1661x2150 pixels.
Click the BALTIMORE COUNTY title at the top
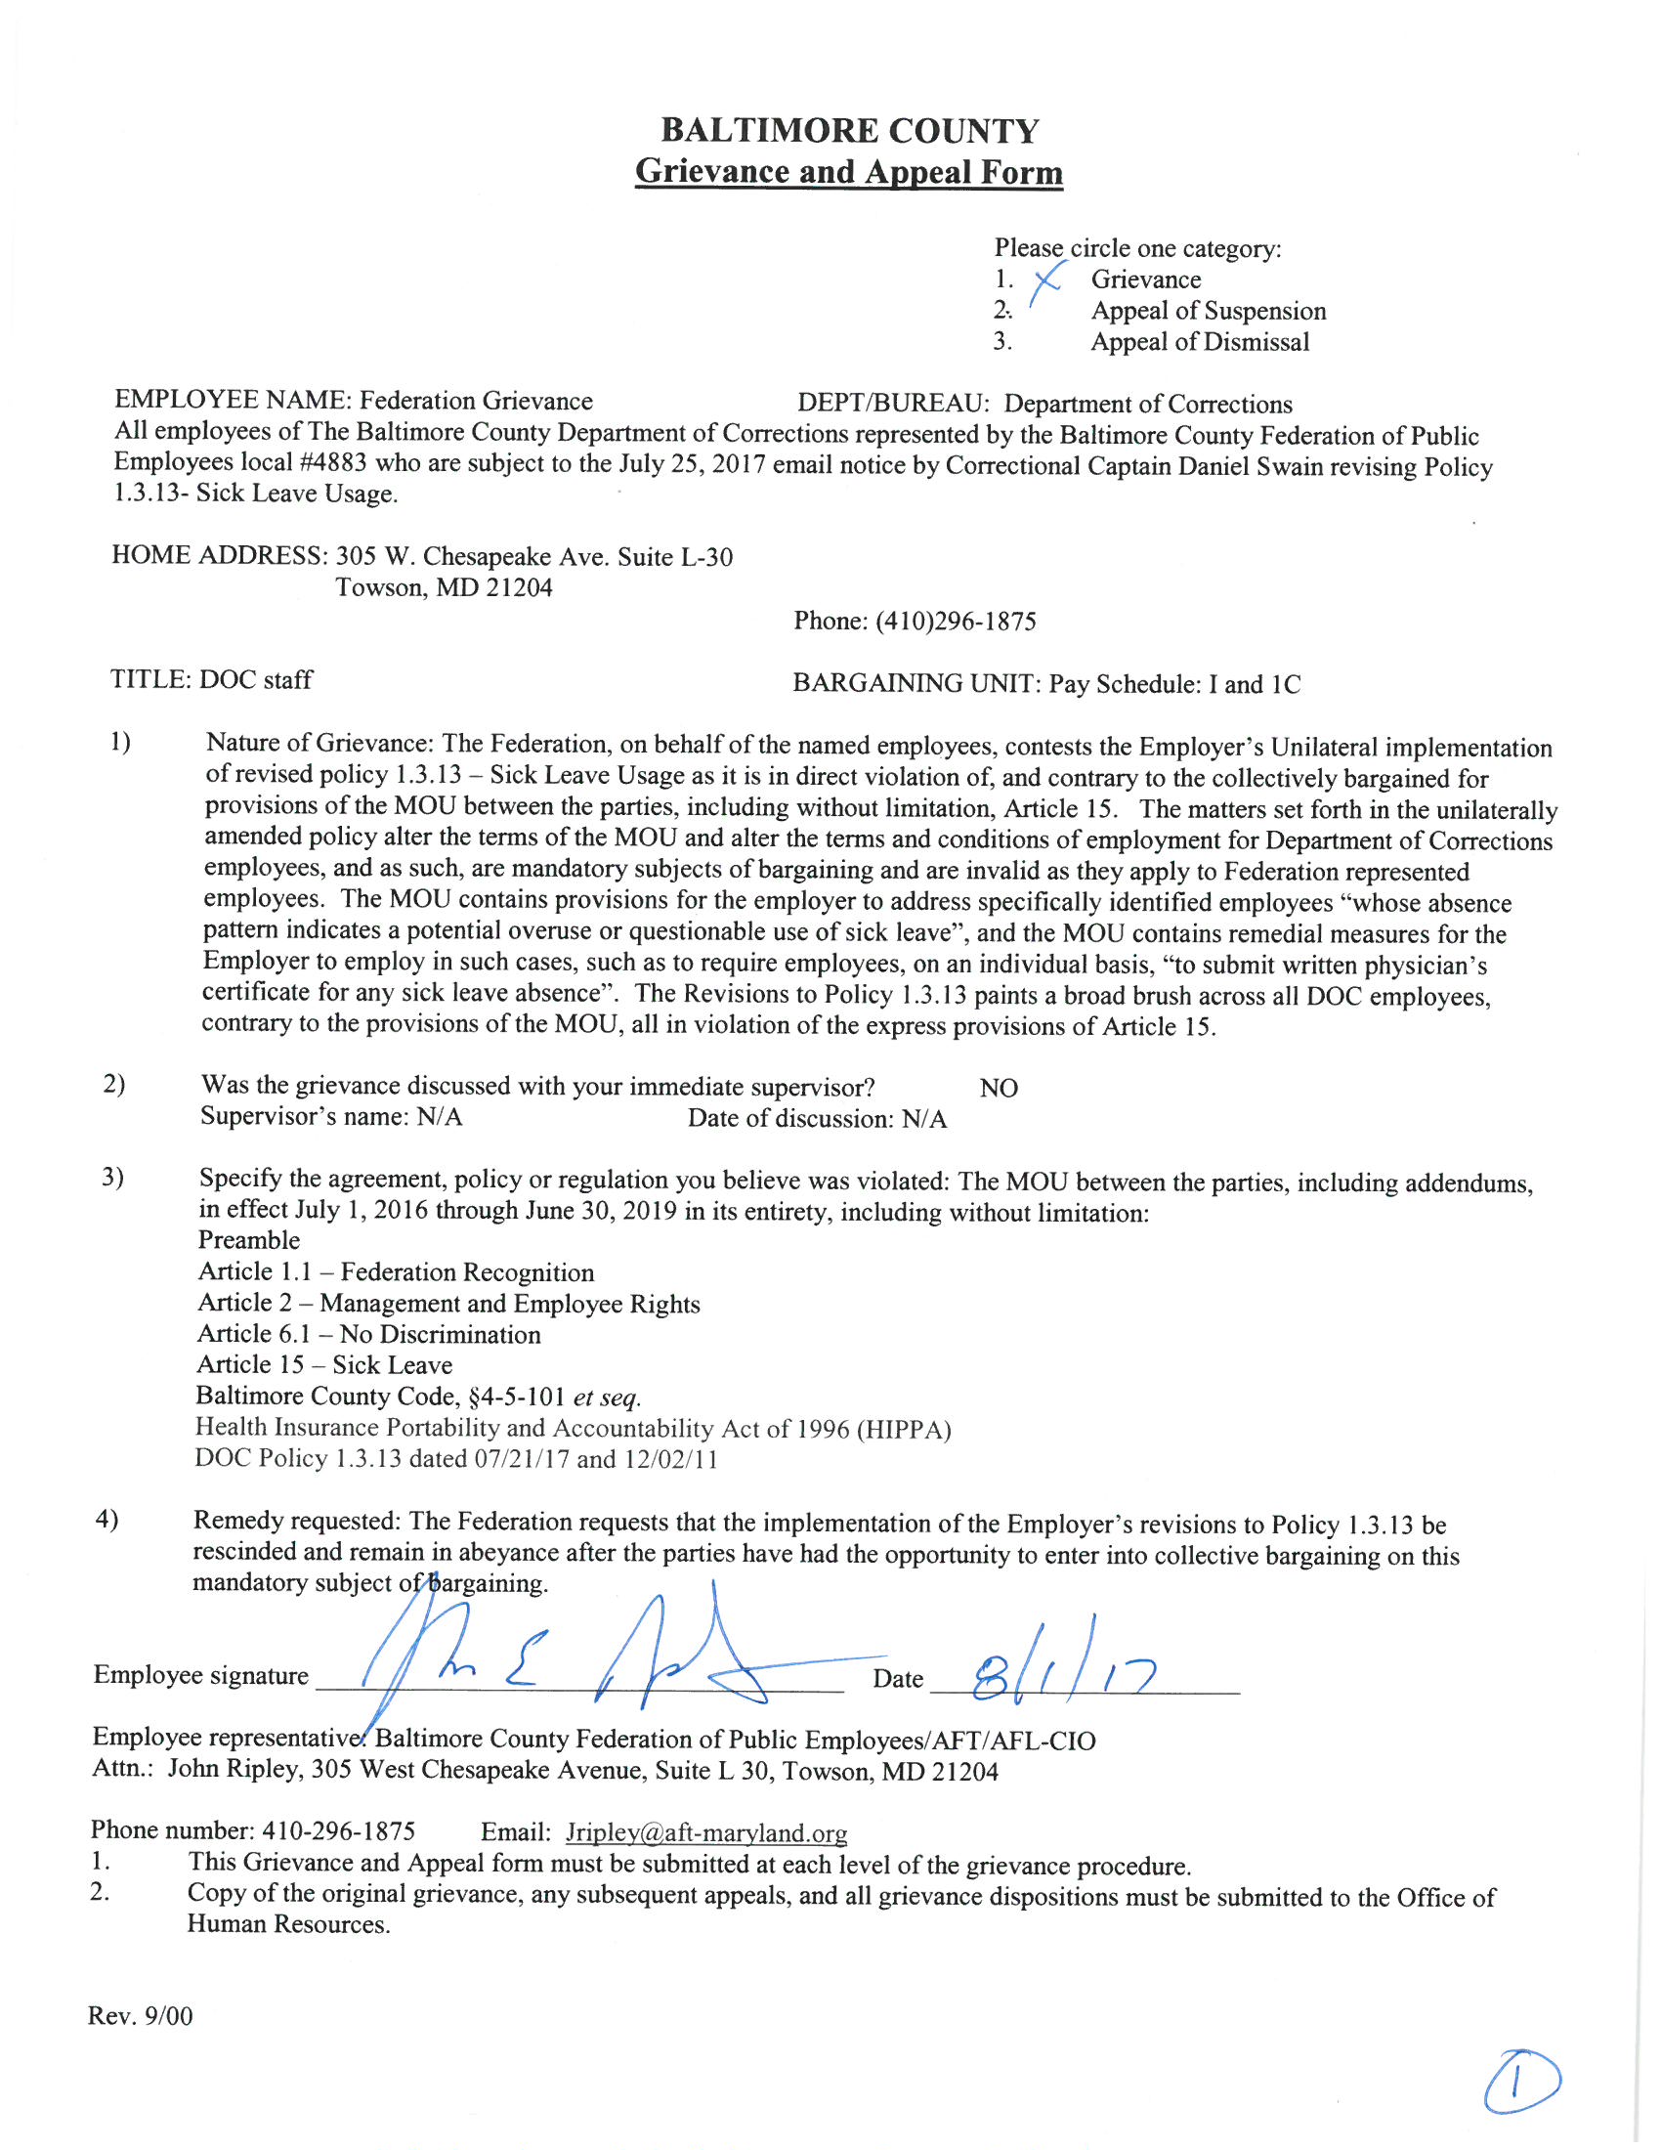pyautogui.click(x=849, y=131)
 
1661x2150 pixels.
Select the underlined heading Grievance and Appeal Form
pyautogui.click(x=848, y=171)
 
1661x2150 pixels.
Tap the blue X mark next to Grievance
pyautogui.click(x=1045, y=280)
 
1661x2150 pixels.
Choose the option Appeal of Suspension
pyautogui.click(x=1208, y=311)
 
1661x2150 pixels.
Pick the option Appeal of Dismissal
pyautogui.click(x=1200, y=343)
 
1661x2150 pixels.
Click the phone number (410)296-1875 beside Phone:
pyautogui.click(x=955, y=622)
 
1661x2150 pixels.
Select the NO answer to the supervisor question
pyautogui.click(x=999, y=1088)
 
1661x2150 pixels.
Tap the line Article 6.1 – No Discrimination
pyautogui.click(x=369, y=1334)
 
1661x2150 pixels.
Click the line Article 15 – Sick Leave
pyautogui.click(x=324, y=1364)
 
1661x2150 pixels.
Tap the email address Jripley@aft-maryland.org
pyautogui.click(x=705, y=1832)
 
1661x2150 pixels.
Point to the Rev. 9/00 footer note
pyautogui.click(x=141, y=2015)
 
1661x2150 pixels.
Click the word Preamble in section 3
pyautogui.click(x=249, y=1240)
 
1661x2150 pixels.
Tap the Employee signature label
pyautogui.click(x=200, y=1674)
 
